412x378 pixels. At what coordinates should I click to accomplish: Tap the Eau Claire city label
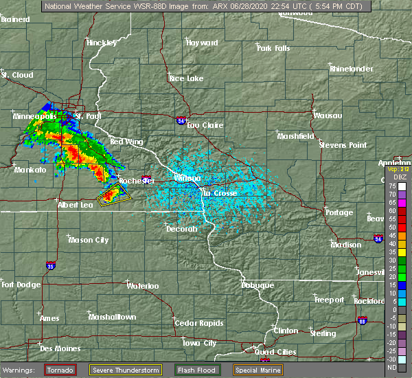(203, 125)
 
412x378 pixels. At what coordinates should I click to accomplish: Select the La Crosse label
(219, 193)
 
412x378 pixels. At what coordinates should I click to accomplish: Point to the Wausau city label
(328, 115)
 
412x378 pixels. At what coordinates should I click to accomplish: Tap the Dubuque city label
(257, 285)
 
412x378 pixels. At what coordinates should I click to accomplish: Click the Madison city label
(345, 245)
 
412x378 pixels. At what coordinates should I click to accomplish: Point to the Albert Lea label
(76, 205)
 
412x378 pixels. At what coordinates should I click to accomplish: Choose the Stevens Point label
(344, 145)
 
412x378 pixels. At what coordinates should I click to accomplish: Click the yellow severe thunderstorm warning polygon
(114, 198)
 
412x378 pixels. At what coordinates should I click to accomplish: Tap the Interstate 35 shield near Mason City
(50, 264)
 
